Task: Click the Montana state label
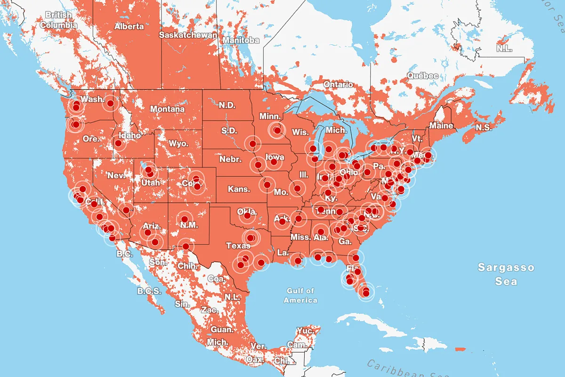(x=167, y=109)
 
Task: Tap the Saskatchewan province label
(x=188, y=35)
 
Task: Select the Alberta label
(x=129, y=26)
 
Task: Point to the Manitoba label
(x=241, y=40)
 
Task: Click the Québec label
(x=423, y=75)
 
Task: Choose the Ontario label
(x=338, y=84)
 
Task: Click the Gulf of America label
(x=301, y=295)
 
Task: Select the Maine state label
(x=441, y=126)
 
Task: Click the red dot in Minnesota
(x=277, y=131)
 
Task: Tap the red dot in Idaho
(x=118, y=143)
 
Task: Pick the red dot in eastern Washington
(x=110, y=103)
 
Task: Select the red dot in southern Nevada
(x=126, y=210)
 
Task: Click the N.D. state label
(x=227, y=105)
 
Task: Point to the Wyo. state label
(x=178, y=143)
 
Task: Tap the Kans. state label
(x=238, y=189)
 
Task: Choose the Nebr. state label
(x=230, y=159)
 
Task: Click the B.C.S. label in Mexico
(x=149, y=291)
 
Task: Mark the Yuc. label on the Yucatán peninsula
(x=306, y=331)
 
